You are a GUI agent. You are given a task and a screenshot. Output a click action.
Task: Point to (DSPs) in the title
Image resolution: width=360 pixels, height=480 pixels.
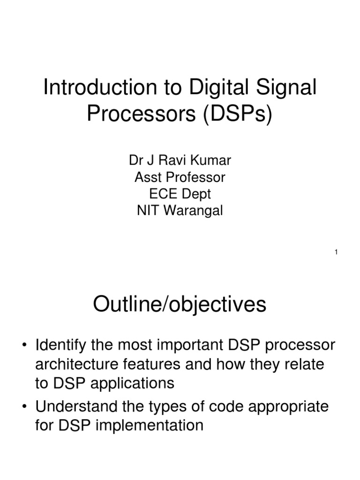click(238, 113)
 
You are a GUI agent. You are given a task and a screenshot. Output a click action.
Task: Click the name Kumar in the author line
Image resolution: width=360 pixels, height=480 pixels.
click(210, 161)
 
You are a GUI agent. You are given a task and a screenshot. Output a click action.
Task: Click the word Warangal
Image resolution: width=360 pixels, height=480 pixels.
click(194, 211)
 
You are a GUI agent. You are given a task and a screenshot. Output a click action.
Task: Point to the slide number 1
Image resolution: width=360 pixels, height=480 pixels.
click(336, 253)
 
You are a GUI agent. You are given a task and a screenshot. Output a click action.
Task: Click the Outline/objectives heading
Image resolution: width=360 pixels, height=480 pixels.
click(180, 305)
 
